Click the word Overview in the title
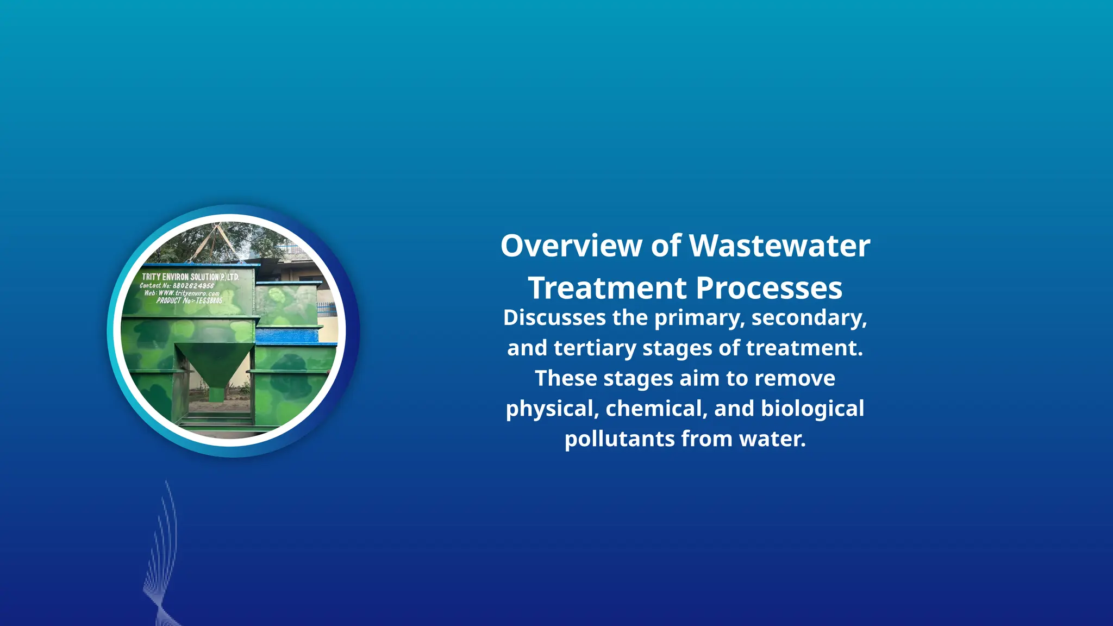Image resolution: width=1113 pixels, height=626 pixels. point(571,246)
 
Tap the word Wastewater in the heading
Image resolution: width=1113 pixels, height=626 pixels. point(780,246)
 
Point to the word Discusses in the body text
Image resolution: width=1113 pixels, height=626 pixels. point(554,318)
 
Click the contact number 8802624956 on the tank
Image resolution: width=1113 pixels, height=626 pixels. point(193,286)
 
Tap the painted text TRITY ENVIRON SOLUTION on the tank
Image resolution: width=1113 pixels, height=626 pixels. point(190,277)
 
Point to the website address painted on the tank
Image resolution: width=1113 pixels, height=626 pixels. point(189,293)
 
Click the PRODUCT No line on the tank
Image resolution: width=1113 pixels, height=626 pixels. point(189,301)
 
